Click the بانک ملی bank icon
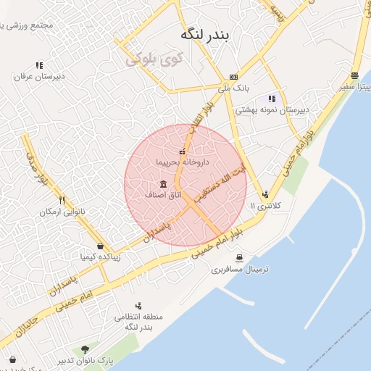click(x=233, y=77)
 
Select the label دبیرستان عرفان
click(x=39, y=75)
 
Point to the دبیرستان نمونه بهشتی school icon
click(x=272, y=99)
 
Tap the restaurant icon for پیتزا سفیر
click(x=354, y=75)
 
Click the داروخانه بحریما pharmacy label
click(x=182, y=162)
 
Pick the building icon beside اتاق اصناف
click(x=162, y=183)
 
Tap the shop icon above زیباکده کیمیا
click(x=100, y=246)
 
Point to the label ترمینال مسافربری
click(x=240, y=269)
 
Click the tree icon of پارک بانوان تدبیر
click(x=86, y=349)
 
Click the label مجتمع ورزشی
click(x=29, y=26)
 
